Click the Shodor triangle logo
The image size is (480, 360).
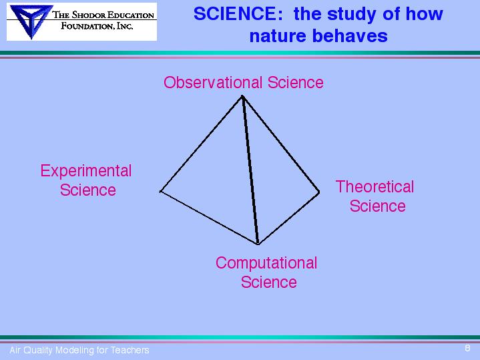31,21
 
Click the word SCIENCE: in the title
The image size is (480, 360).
238,14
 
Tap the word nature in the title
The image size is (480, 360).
278,36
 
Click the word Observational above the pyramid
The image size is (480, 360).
213,82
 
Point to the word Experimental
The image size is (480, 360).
86,171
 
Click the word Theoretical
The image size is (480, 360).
375,186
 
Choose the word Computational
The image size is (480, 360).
266,263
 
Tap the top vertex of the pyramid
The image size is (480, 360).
242,96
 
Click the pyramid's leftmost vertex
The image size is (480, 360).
160,192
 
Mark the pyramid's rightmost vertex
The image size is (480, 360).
319,192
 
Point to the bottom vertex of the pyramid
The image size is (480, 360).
258,244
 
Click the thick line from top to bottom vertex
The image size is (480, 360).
250,170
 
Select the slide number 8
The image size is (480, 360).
467,348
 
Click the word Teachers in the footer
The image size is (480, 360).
130,350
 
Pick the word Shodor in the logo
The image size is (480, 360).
89,15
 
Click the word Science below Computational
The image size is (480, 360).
269,282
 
